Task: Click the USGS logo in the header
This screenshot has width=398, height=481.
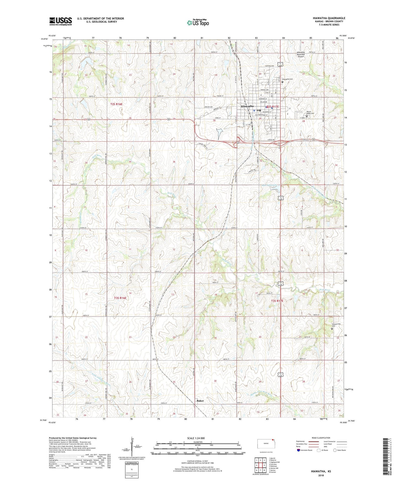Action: (x=61, y=21)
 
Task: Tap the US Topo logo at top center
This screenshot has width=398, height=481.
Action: (x=198, y=23)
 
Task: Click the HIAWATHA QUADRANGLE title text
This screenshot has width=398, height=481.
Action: (x=329, y=18)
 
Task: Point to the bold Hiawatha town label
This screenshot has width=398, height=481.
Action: (x=247, y=106)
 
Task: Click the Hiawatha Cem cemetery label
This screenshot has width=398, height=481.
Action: (x=287, y=79)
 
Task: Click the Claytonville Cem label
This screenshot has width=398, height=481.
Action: (x=335, y=325)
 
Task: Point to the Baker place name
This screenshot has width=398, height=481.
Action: (x=200, y=401)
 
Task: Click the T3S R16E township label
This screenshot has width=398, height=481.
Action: (x=120, y=298)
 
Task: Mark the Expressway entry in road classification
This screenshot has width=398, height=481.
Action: (x=302, y=441)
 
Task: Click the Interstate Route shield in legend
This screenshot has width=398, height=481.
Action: (x=299, y=450)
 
